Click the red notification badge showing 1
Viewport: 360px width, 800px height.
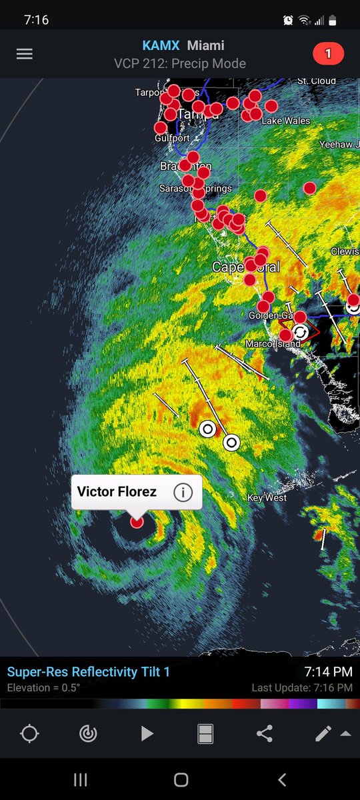[327, 54]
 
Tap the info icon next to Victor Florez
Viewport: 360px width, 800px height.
[183, 492]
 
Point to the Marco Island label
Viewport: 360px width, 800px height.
[269, 344]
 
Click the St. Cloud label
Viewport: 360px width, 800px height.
[317, 81]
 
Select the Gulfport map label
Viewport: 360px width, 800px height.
[172, 138]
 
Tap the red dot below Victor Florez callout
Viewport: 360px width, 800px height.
[137, 522]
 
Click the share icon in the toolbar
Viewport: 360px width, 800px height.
[264, 734]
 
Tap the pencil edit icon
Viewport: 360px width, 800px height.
[323, 734]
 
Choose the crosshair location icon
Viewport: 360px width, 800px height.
[29, 734]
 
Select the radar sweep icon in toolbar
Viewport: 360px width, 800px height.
[87, 734]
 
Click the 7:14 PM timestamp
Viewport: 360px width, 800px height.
[329, 671]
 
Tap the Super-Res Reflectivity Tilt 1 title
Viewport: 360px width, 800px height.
[89, 672]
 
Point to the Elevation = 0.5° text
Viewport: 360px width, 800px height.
[44, 688]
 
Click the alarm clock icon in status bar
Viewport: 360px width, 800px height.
[287, 20]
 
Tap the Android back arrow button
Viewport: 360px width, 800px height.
[282, 779]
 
